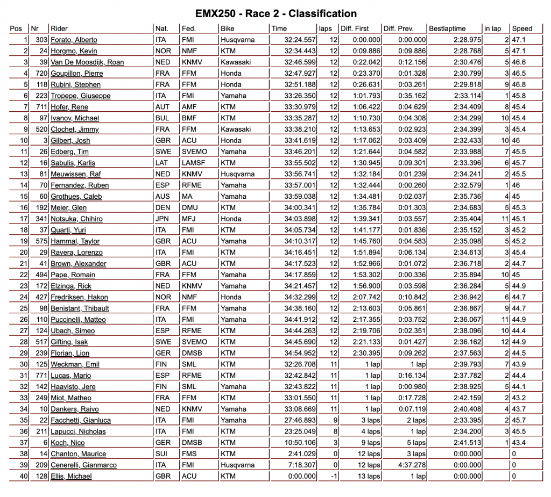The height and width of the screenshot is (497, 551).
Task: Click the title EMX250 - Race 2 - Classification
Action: pos(275,13)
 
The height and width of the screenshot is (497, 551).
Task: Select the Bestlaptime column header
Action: pos(447,28)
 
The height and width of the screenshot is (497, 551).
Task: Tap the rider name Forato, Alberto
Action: pos(74,40)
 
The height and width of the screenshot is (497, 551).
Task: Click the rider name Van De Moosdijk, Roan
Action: pos(87,62)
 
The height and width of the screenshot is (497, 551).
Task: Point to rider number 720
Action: pos(41,73)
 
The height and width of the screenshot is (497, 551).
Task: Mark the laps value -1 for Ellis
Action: pos(334,477)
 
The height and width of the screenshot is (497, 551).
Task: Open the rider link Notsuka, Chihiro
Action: pos(76,219)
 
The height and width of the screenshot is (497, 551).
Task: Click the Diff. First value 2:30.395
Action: pos(366,353)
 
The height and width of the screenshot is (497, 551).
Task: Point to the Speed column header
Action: pos(522,28)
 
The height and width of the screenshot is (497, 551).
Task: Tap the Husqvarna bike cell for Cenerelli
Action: pos(237,465)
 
